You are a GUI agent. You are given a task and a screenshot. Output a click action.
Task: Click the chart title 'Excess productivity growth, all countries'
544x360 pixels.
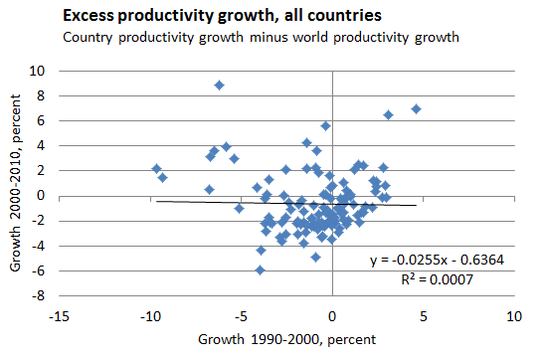click(x=197, y=17)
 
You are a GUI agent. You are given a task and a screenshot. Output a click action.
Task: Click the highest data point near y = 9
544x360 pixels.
click(x=220, y=86)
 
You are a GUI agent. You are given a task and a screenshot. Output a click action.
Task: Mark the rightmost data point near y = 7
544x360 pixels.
click(x=417, y=108)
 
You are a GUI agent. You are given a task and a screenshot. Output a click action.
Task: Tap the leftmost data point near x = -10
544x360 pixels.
click(x=156, y=168)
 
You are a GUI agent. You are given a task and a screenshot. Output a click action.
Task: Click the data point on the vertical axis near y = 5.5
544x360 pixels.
click(x=325, y=126)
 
